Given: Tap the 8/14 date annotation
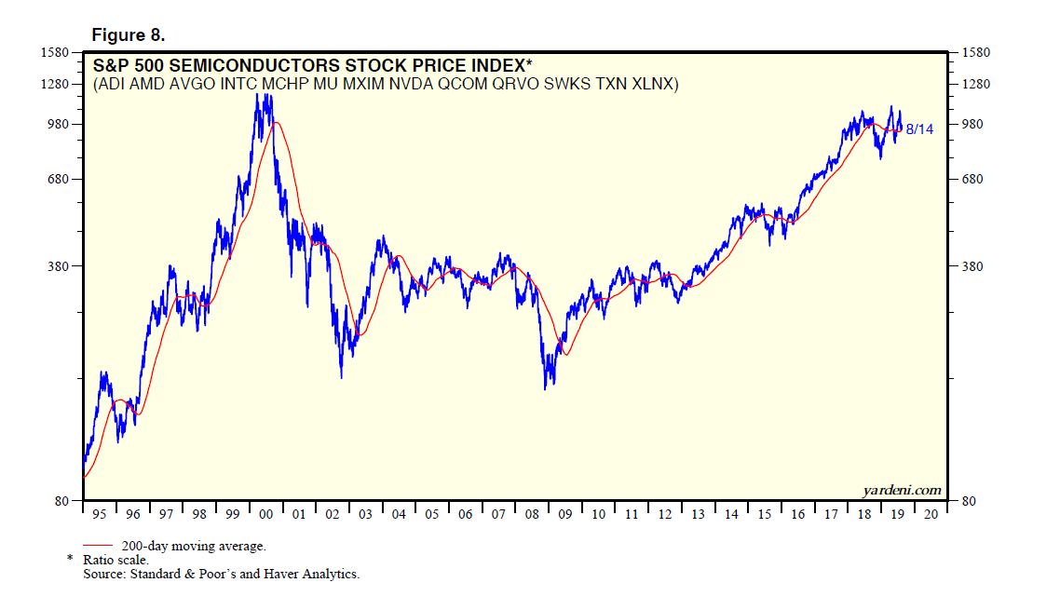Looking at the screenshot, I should coord(919,129).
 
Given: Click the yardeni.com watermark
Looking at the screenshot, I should coord(903,490).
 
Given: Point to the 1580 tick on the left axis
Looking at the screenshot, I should coord(58,52).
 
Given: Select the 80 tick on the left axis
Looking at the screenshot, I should coord(63,501).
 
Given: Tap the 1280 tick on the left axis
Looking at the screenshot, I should coord(58,85).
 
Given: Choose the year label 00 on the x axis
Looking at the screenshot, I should coord(265,513).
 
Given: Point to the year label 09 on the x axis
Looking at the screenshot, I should coord(565,513).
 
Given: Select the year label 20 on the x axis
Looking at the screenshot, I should coord(930,513).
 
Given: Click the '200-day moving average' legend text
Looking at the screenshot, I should coord(194,546).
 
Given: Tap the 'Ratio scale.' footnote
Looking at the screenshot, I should coord(116,560).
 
